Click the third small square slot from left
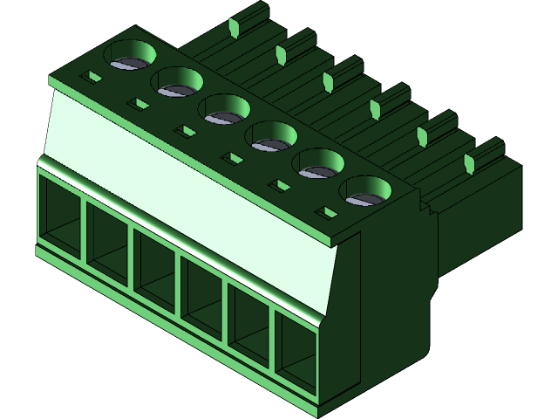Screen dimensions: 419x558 pyautogui.click(x=184, y=132)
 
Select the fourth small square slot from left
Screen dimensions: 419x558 pyautogui.click(x=231, y=159)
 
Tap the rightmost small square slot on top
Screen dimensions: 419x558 pyautogui.click(x=329, y=212)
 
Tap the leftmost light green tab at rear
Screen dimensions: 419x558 pyautogui.click(x=233, y=28)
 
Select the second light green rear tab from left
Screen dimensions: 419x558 pyautogui.click(x=281, y=55)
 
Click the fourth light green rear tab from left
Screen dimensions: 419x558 pyautogui.click(x=375, y=109)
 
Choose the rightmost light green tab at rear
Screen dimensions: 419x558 pyautogui.click(x=469, y=163)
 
